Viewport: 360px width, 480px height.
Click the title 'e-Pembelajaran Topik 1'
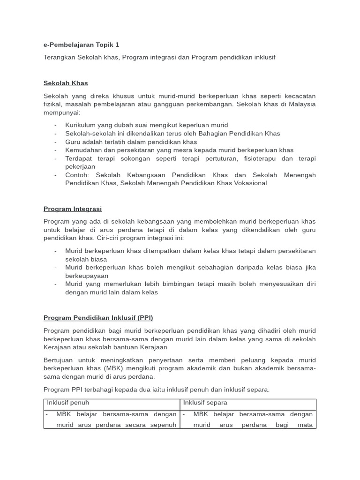point(81,45)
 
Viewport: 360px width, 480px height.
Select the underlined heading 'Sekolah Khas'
point(66,83)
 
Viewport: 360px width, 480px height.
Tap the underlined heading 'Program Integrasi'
point(73,209)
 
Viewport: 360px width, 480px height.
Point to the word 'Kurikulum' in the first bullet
point(80,125)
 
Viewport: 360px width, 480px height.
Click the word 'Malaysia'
point(301,104)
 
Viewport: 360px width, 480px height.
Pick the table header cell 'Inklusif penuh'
point(68,403)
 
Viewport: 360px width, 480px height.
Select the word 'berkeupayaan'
point(87,276)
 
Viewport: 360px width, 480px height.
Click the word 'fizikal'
point(52,104)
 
